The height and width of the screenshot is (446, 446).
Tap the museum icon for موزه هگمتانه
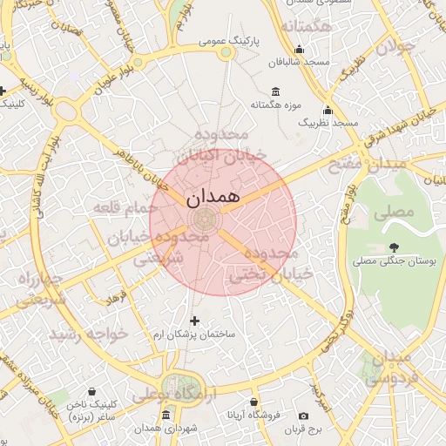pos(276,91)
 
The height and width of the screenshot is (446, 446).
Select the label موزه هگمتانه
pos(275,105)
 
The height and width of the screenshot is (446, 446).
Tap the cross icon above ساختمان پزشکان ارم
pos(194,321)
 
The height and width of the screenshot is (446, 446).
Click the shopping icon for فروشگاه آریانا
pos(253,402)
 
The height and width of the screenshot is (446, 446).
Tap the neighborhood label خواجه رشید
pos(88,334)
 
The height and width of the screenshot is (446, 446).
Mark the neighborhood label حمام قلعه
pos(122,207)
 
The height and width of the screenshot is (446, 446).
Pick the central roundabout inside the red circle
pos(205,219)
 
